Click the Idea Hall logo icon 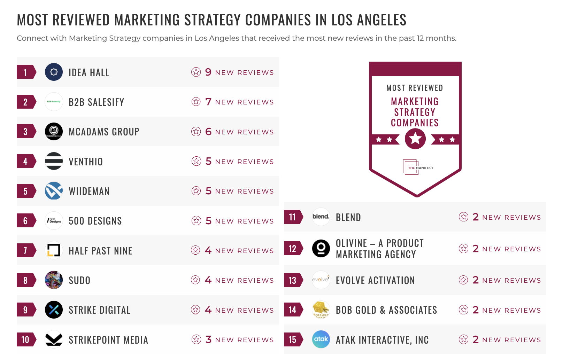[x=54, y=72]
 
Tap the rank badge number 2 [x=25, y=102]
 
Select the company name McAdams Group [x=104, y=132]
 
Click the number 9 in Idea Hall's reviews [x=208, y=72]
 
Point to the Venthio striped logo [x=54, y=161]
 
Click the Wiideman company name [x=89, y=191]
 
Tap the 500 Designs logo [x=54, y=221]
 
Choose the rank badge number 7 [x=25, y=251]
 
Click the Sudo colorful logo [x=54, y=280]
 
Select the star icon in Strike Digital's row [x=196, y=310]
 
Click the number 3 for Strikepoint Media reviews [x=208, y=339]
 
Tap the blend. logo [x=321, y=217]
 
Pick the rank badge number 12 [x=293, y=249]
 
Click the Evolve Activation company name [x=375, y=280]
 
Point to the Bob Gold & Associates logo [x=321, y=310]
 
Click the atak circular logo [x=321, y=339]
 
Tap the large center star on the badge [x=415, y=139]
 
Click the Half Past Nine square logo [x=54, y=250]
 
